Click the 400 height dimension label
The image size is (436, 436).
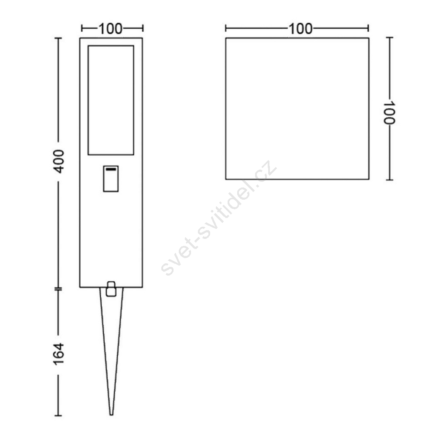[59, 161]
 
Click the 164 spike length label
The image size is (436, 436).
[59, 354]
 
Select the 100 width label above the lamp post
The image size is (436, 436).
[110, 29]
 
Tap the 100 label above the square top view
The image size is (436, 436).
[300, 29]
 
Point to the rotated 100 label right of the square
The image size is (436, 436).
[389, 112]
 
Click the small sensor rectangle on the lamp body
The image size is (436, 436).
[111, 179]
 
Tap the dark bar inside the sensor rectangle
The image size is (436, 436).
[111, 169]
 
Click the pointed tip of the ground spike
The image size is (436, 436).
[111, 415]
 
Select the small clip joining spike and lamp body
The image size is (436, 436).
[111, 289]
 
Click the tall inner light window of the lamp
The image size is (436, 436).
[111, 100]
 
